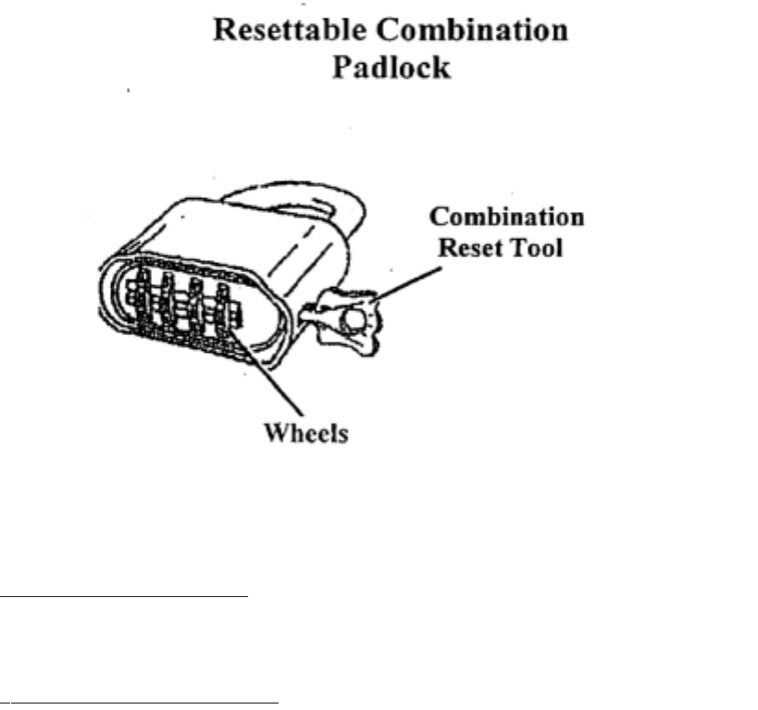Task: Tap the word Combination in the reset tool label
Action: coord(506,218)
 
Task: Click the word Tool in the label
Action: coord(535,248)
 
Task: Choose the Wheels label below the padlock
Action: coord(305,433)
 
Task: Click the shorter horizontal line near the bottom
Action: coord(125,598)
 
